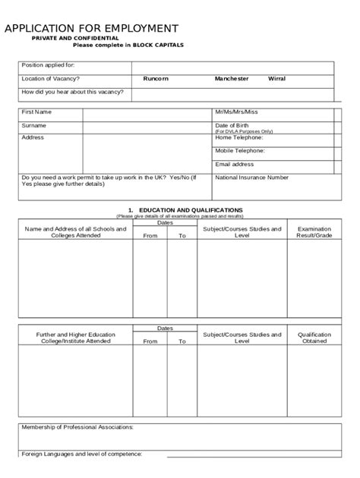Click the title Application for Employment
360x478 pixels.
pos(92,29)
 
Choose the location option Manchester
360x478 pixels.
pos(231,79)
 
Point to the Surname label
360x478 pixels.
pos(34,125)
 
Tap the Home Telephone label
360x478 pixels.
pos(238,137)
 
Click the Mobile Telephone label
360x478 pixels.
pos(240,151)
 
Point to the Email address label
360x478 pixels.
pos(235,164)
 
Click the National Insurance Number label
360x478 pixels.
pos(252,178)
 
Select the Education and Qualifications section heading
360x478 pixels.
pos(185,209)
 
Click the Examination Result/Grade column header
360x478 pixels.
pos(314,232)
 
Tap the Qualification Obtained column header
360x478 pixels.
pos(314,338)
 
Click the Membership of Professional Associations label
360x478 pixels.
pos(77,427)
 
